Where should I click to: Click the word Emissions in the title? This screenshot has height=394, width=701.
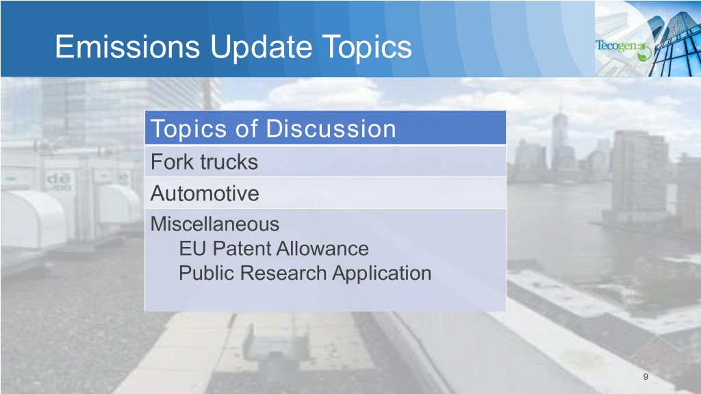click(127, 47)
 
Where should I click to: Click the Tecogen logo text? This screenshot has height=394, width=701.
click(617, 46)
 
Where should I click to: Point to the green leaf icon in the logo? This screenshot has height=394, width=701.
click(644, 53)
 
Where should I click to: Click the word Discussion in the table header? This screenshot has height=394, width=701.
click(331, 129)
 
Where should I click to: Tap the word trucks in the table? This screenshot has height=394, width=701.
click(229, 162)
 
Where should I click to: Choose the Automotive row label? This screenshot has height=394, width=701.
click(205, 194)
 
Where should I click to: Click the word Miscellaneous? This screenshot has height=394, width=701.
click(214, 224)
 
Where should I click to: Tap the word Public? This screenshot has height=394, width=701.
click(207, 273)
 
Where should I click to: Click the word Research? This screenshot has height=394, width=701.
click(283, 273)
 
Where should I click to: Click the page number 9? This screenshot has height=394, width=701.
click(645, 377)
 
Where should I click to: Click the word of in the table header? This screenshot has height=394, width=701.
click(246, 129)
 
